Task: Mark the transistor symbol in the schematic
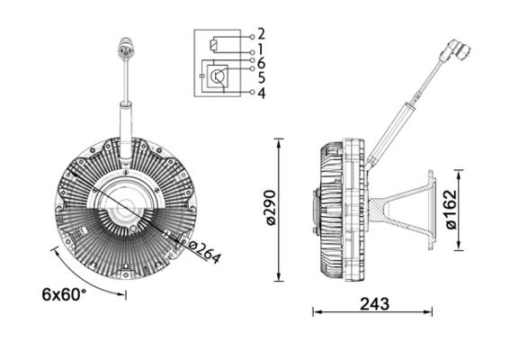219,78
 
